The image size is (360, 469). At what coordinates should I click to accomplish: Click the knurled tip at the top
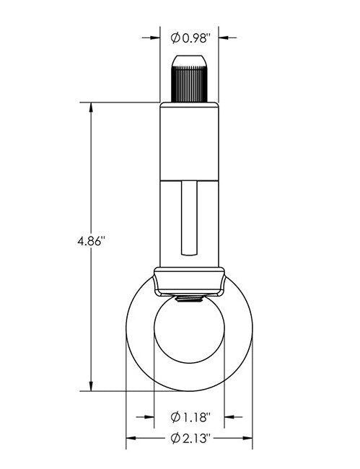(x=188, y=77)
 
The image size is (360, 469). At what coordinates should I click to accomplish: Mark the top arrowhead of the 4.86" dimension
(x=91, y=106)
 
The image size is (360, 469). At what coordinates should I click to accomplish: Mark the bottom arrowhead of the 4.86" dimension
(x=91, y=387)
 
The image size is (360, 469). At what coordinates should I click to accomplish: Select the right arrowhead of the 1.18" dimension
(x=229, y=416)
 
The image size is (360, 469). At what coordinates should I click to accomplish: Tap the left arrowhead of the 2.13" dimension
(x=131, y=438)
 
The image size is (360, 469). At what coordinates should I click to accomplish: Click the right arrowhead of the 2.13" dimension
(x=248, y=438)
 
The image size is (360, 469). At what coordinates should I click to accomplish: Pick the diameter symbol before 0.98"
(x=175, y=38)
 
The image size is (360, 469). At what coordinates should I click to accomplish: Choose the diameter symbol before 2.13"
(x=175, y=438)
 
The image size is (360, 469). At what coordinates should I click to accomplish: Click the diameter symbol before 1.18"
(x=175, y=416)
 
